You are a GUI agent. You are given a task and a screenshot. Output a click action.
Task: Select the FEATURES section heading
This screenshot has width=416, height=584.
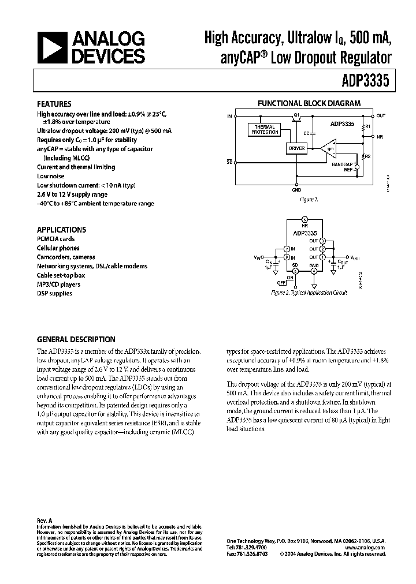pyautogui.click(x=54, y=104)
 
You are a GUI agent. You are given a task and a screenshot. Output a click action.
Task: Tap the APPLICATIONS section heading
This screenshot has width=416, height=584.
pyautogui.click(x=61, y=229)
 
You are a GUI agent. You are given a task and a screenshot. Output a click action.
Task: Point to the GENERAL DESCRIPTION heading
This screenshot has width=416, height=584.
pyautogui.click(x=76, y=339)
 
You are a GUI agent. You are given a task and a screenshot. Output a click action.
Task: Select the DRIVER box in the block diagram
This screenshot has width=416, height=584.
pyautogui.click(x=296, y=148)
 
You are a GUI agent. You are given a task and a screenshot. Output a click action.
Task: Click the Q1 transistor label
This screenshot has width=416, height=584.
pyautogui.click(x=296, y=115)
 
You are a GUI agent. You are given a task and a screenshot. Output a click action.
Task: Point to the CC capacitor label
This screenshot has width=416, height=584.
pyautogui.click(x=306, y=133)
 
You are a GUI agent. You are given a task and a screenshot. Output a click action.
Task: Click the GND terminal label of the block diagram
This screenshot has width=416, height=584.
pyautogui.click(x=296, y=189)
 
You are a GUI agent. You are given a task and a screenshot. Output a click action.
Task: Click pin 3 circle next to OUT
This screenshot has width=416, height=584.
pyautogui.click(x=323, y=240)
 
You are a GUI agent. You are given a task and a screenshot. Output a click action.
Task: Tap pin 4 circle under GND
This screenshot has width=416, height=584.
pyautogui.click(x=313, y=271)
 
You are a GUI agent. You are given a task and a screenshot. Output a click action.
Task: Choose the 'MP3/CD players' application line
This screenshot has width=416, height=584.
pyautogui.click(x=59, y=284)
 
